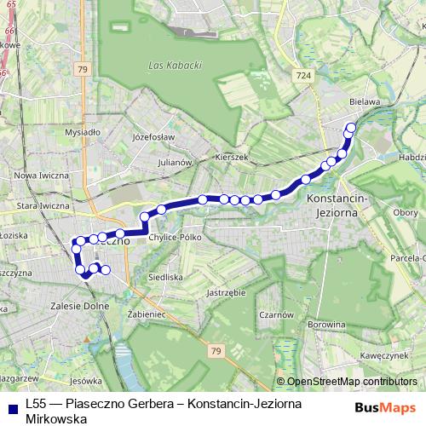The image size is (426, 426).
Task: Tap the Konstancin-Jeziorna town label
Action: (335, 204)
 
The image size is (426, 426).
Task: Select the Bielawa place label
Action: (364, 100)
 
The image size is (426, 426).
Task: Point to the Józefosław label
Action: (153, 136)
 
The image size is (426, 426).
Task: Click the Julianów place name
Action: (177, 161)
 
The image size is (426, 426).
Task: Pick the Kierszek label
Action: (231, 158)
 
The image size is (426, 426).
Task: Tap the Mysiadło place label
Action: (83, 133)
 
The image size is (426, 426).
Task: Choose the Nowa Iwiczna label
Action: (42, 175)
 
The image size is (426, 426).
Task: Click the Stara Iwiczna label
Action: (43, 205)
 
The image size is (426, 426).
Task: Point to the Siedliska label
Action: (165, 277)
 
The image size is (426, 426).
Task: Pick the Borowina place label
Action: (325, 324)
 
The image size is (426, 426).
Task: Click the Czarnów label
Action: (277, 314)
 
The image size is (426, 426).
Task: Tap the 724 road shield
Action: (304, 77)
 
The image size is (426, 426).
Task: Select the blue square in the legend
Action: (11, 407)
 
